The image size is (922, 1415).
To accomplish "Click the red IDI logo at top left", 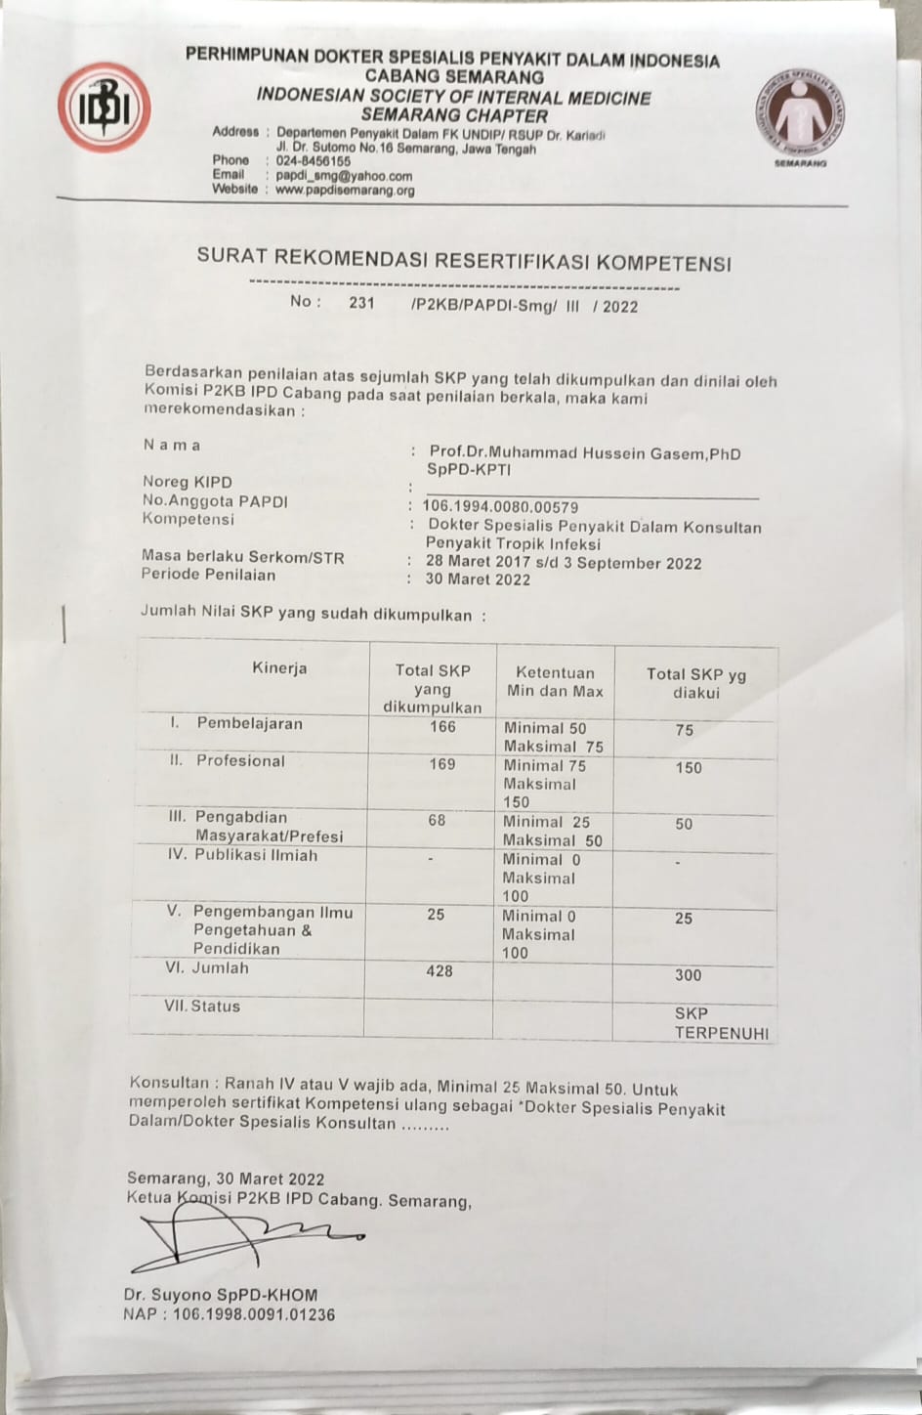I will click(x=104, y=107).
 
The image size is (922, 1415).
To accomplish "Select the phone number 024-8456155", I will click(x=314, y=161).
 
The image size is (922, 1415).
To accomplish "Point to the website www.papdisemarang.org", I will click(x=345, y=191).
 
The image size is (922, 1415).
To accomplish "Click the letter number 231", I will click(x=361, y=303).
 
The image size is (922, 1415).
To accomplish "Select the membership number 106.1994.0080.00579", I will click(x=500, y=507).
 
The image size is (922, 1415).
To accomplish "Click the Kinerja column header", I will click(x=279, y=668).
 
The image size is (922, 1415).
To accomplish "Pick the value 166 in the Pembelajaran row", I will click(x=442, y=726).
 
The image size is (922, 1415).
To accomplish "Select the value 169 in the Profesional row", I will click(x=442, y=764).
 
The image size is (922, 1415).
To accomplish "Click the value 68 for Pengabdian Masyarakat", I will click(x=437, y=820).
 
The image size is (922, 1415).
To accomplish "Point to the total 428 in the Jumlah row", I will click(x=440, y=970).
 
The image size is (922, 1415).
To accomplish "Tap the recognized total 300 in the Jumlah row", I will click(x=688, y=975).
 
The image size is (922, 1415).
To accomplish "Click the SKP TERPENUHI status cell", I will click(x=721, y=1023).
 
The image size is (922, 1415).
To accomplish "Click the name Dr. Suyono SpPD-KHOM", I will click(x=221, y=1295).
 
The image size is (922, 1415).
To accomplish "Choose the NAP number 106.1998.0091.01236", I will click(x=253, y=1314).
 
